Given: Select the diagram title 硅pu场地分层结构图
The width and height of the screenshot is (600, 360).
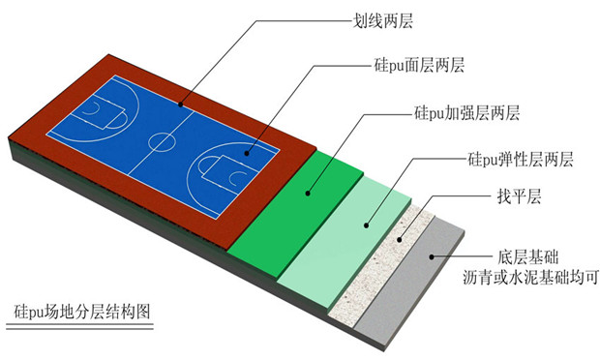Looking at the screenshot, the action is coord(84,313).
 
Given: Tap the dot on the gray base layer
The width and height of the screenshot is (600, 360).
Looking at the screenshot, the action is coord(433,257).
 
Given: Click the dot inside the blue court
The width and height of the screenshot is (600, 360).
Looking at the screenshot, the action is coord(247,153).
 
